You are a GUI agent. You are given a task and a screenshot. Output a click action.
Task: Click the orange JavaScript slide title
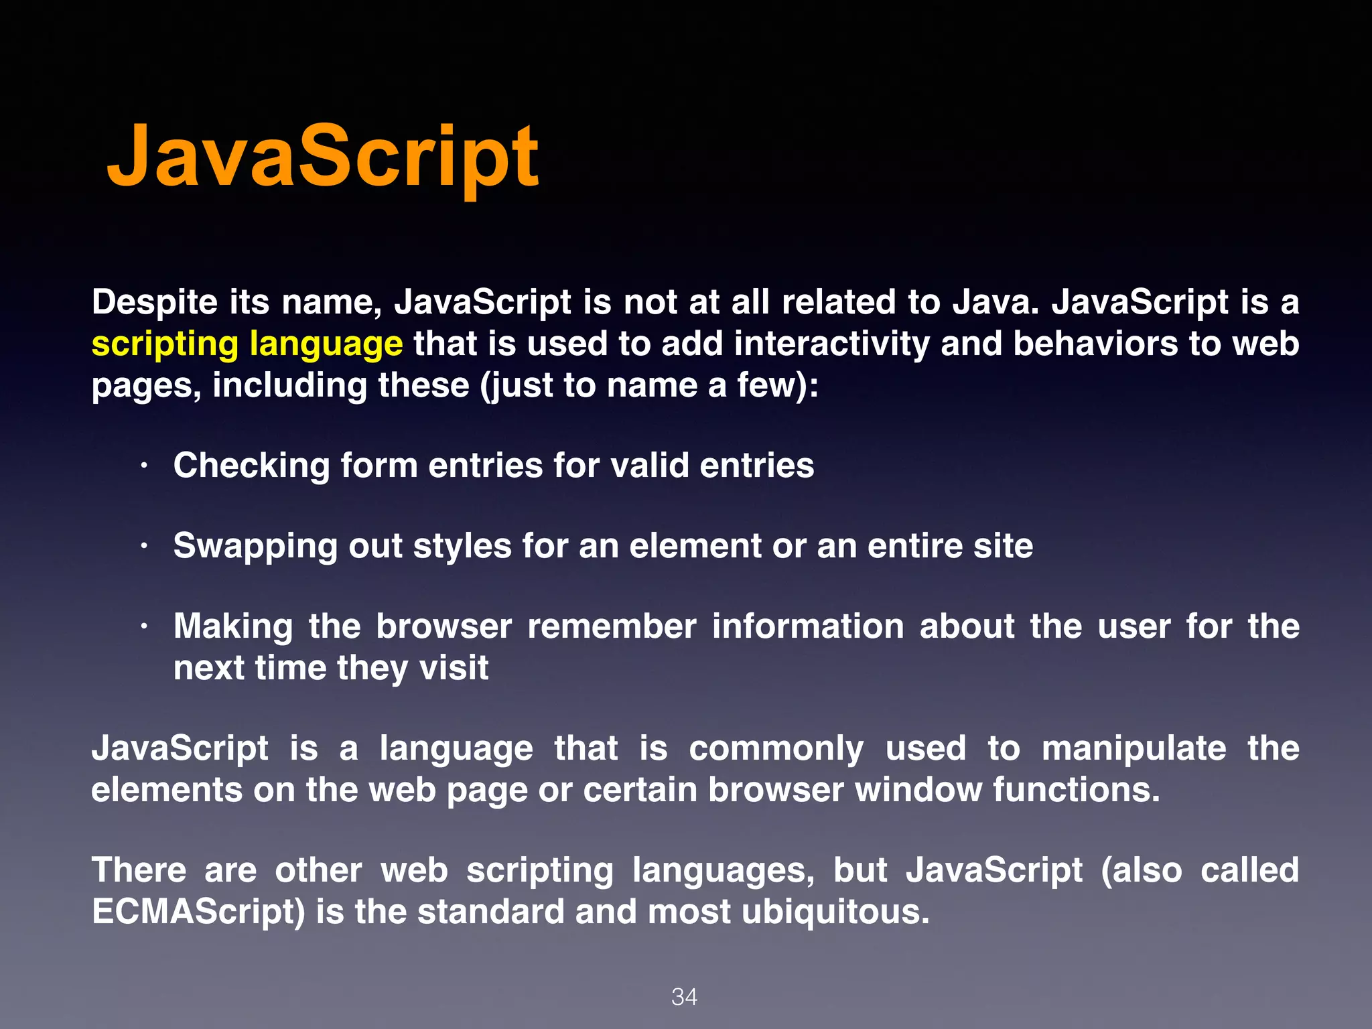point(322,158)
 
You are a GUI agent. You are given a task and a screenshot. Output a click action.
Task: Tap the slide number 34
point(684,997)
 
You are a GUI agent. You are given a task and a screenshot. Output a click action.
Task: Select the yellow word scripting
point(165,344)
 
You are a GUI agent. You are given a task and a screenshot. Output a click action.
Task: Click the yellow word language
point(326,344)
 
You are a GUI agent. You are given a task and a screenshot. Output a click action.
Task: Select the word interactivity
point(831,344)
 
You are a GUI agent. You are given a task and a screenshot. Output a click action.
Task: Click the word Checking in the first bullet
point(251,466)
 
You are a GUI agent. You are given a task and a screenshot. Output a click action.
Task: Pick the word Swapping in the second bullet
point(255,547)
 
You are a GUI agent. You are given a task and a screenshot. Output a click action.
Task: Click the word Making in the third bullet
point(233,627)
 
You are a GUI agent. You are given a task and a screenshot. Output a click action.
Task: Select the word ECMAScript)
point(198,912)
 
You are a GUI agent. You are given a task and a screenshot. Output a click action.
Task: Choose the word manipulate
point(1134,749)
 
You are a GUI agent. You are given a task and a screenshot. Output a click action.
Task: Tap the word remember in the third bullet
point(612,627)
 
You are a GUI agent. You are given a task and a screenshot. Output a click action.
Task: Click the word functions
point(1076,791)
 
